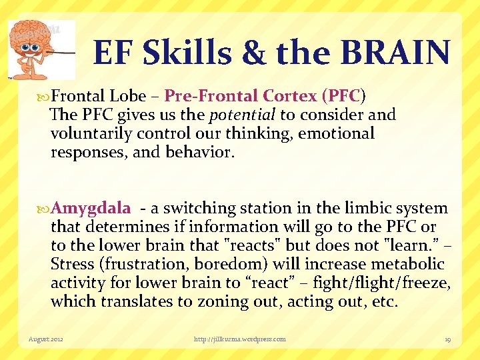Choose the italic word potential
(243, 115)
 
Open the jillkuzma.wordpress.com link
(239, 339)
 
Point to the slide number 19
(447, 339)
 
